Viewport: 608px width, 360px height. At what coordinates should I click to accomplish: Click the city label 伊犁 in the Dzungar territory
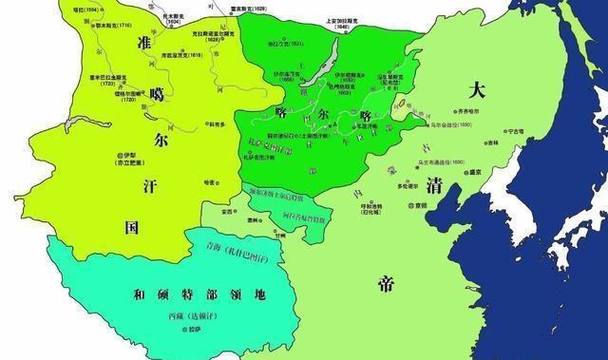125,155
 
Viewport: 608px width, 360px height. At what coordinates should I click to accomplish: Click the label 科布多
218,123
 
